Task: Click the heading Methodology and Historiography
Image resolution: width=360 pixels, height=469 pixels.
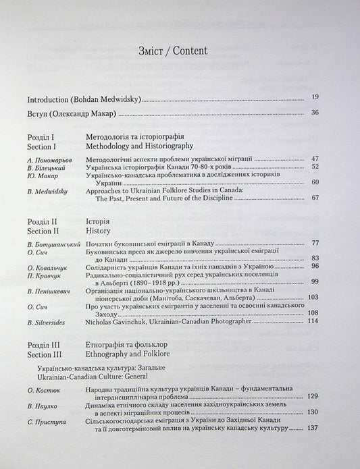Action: tap(140, 145)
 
